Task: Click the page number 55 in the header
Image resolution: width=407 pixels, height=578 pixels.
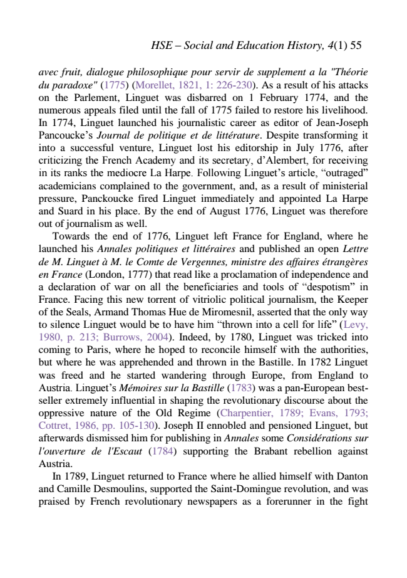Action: pos(356,46)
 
